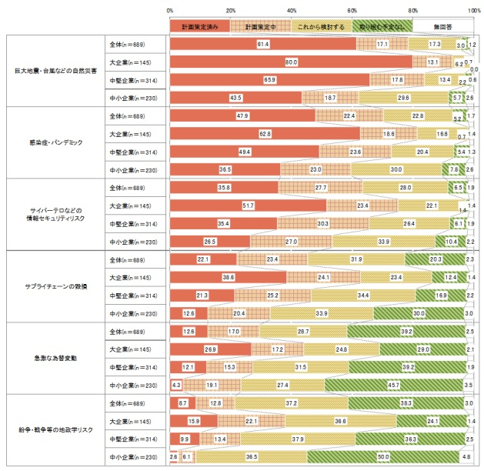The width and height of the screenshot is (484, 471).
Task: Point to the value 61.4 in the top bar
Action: click(x=262, y=45)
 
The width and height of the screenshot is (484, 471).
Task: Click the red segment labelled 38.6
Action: click(x=228, y=277)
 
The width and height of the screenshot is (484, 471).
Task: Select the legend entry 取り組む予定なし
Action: click(x=382, y=26)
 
